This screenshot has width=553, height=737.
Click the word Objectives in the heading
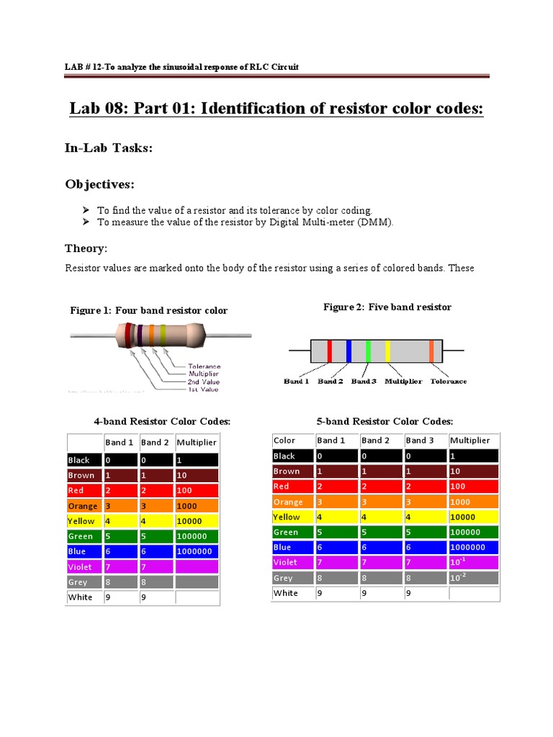tap(99, 185)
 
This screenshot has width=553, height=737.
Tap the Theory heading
tap(86, 248)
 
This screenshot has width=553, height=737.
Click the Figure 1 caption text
tap(148, 310)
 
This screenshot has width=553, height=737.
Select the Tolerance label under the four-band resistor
tap(204, 366)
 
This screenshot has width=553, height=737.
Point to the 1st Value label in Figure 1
tap(203, 389)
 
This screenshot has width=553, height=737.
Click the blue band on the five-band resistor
tap(349, 351)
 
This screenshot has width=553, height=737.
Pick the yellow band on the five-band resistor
tap(388, 351)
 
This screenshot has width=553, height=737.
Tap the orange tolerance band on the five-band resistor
tap(431, 351)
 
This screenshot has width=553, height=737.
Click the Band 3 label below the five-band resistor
tap(364, 381)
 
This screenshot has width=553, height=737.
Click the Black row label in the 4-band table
tap(79, 460)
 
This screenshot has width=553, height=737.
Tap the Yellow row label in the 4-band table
tap(81, 521)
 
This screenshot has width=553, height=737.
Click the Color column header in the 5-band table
tap(284, 440)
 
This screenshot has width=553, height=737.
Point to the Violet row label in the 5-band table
tap(285, 563)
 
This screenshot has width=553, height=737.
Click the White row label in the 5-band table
tap(286, 593)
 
